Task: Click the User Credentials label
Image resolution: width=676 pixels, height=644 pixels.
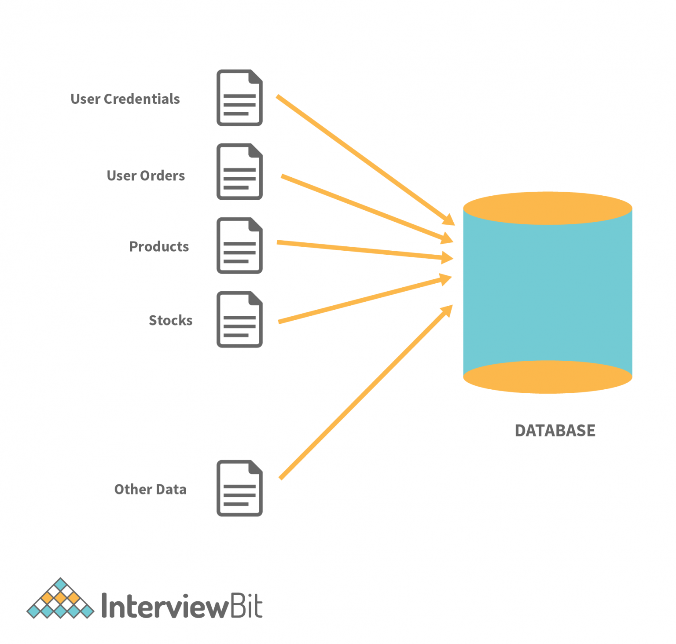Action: coord(125,99)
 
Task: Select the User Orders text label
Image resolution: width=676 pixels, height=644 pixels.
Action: coord(146,176)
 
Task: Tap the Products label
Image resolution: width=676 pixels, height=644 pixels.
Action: coord(159,246)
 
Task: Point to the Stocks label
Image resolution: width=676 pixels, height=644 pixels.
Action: coord(170,320)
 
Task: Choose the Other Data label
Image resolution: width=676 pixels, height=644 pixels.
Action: coord(150,489)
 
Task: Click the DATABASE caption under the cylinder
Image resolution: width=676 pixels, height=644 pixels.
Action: coord(555,430)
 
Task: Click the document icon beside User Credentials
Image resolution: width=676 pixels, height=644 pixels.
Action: coord(239,98)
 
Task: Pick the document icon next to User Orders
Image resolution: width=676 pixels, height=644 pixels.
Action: coord(239,172)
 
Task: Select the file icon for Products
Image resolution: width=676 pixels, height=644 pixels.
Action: coord(239,245)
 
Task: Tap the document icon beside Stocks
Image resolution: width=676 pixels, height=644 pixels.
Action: coord(239,319)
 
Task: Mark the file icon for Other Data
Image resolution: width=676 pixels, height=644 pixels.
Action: coord(239,488)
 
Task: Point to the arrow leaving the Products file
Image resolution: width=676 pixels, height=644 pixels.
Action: coord(361,250)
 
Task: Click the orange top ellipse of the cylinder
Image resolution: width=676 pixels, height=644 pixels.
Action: coord(547,208)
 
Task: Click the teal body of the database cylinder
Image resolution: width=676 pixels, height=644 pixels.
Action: coord(547,293)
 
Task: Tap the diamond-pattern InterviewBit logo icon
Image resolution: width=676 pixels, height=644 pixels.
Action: coord(60,599)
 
